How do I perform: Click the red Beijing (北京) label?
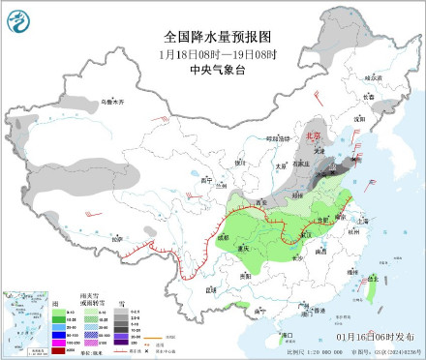[313, 136]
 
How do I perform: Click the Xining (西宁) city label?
[204, 181]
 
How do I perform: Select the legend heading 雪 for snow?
[121, 304]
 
